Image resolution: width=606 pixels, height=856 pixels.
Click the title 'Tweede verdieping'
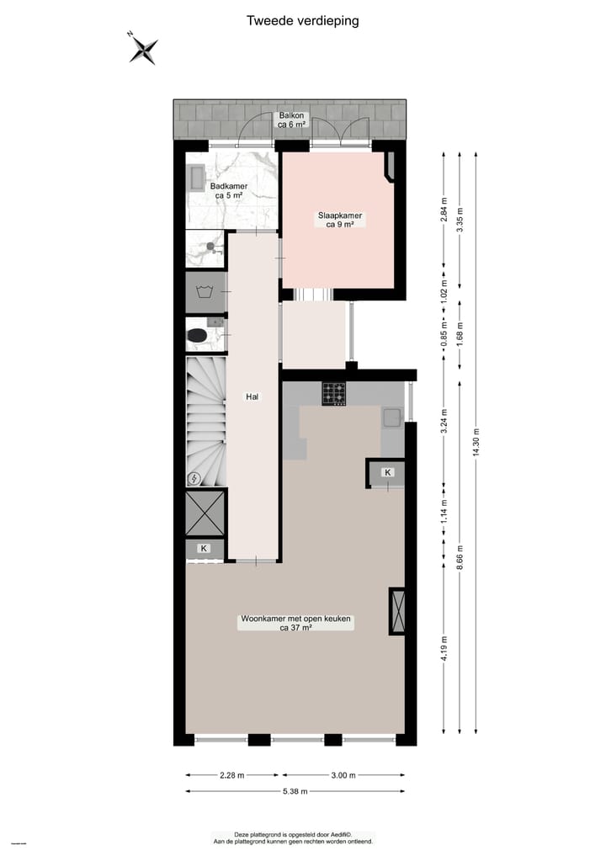click(302, 21)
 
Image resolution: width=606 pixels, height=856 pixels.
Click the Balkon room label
click(292, 120)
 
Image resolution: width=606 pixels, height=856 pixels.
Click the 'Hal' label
click(251, 396)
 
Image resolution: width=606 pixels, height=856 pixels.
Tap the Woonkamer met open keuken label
click(295, 623)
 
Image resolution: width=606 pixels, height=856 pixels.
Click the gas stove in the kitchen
click(333, 393)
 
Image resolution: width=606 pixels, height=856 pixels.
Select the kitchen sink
click(392, 417)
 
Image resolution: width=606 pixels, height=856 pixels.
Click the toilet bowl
click(197, 336)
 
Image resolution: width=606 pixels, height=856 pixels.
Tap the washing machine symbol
click(203, 293)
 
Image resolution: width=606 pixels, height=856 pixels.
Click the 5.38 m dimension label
click(295, 791)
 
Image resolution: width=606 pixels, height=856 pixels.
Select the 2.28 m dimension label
click(234, 775)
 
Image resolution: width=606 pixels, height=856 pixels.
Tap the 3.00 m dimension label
click(343, 775)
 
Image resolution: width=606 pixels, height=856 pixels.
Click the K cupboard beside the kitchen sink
click(387, 473)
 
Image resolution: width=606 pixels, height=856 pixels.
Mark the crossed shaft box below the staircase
click(205, 512)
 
